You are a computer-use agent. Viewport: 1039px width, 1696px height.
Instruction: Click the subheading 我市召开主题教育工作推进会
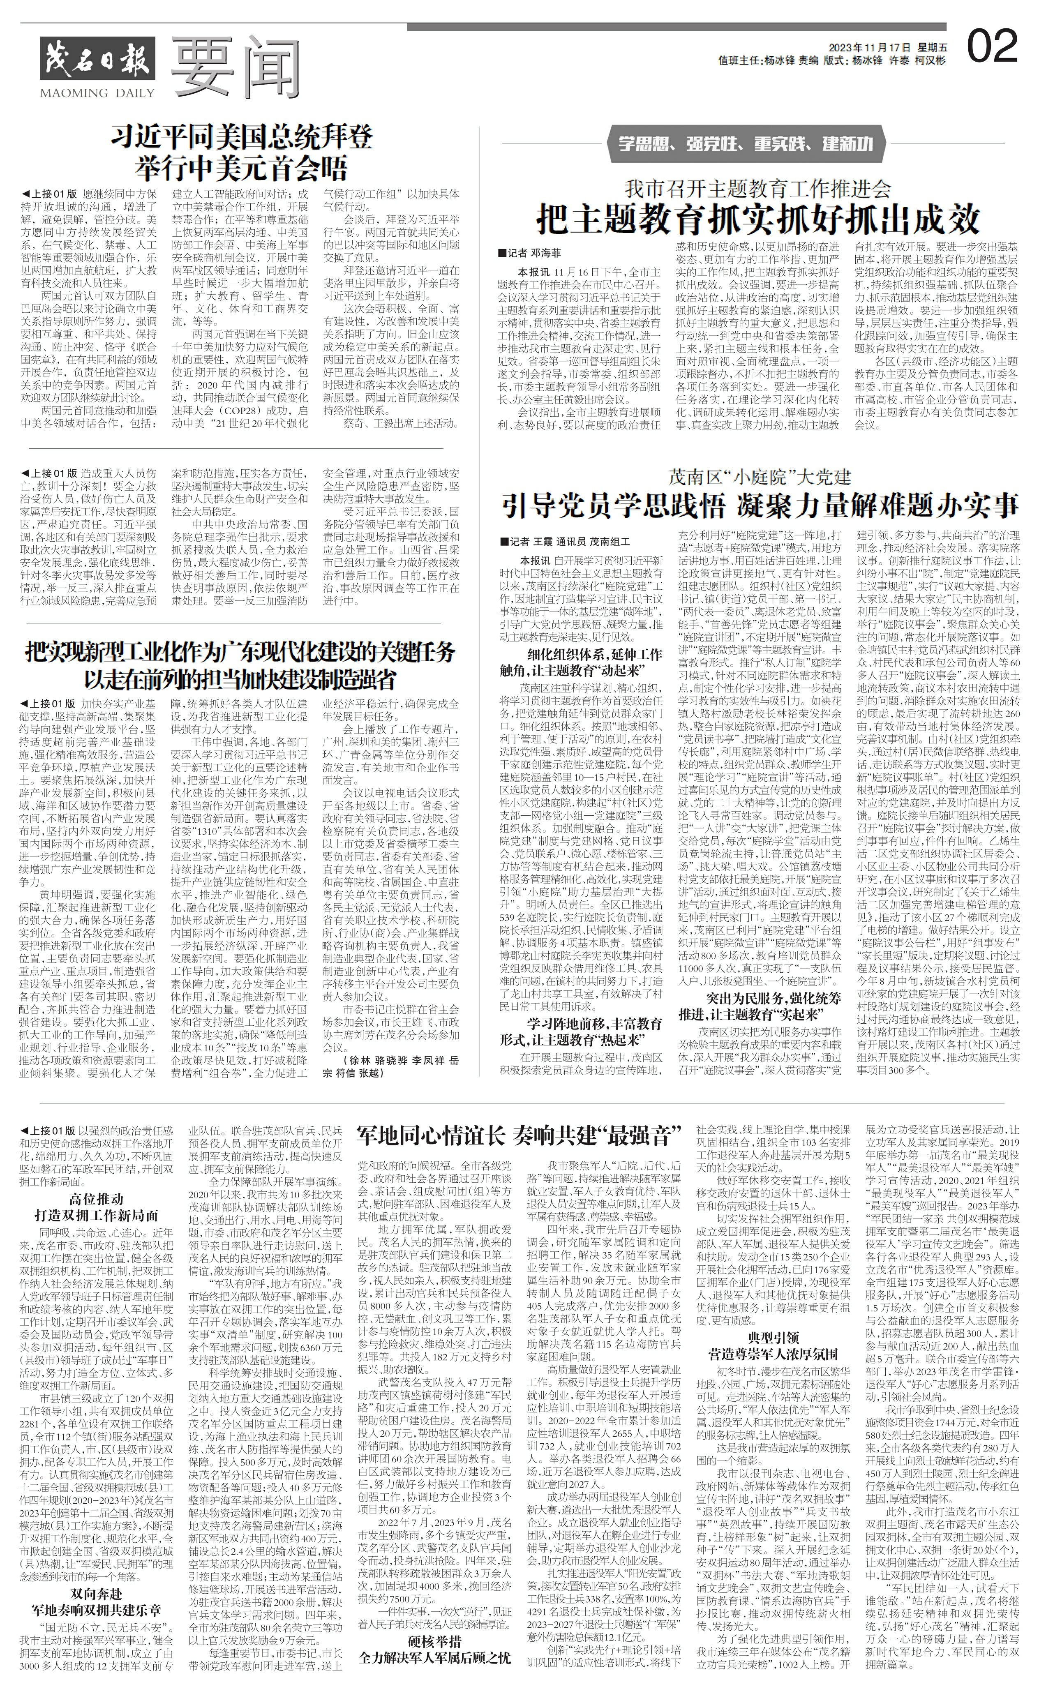point(757,188)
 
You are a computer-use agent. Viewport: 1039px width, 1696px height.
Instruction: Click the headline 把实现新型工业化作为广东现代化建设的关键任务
point(240,651)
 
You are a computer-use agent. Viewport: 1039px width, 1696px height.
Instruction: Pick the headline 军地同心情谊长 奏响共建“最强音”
point(518,1135)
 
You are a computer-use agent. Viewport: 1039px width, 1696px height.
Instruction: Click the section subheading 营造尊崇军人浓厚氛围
point(773,1352)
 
